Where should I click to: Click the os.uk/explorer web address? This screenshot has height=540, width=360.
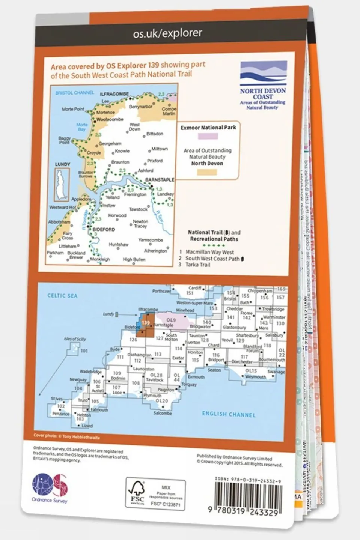pos(167,33)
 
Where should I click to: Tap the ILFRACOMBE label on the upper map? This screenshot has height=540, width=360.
pos(114,94)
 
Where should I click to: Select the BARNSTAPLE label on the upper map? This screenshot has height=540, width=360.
pos(160,180)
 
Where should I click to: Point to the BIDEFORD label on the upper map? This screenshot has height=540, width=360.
pos(104,229)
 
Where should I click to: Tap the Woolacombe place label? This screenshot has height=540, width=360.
pos(110,119)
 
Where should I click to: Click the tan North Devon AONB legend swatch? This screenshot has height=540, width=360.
pos(207,172)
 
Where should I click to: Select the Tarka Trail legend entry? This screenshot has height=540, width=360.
pos(198,265)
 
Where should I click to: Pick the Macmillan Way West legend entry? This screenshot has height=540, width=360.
pos(209,252)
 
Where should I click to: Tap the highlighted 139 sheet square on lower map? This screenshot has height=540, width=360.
pos(146,323)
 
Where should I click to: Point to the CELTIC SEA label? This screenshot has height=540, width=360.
pos(62,296)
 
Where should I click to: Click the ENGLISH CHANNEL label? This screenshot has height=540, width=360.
pos(229,414)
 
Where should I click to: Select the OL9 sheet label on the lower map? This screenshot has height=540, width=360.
pos(170,320)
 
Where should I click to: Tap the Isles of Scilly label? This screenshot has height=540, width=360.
pos(75,339)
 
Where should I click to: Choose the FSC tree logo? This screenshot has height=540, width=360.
pos(136,493)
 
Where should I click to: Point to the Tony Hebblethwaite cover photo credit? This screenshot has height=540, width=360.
pos(67,436)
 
